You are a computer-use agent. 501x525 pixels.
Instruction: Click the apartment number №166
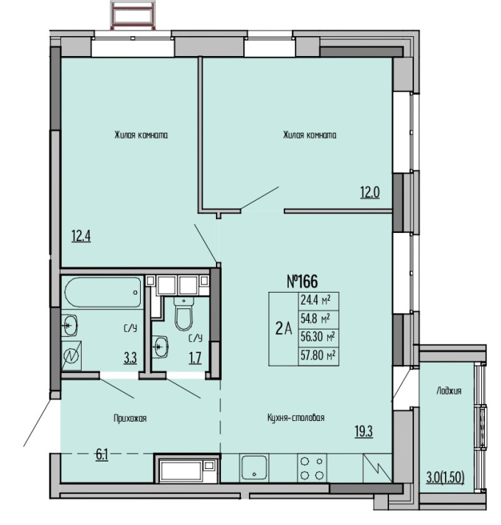pyautogui.click(x=302, y=281)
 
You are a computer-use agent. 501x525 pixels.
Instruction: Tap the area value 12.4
pyautogui.click(x=81, y=236)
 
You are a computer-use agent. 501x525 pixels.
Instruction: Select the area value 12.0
pyautogui.click(x=370, y=192)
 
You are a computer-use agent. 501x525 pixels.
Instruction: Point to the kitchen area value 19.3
pyautogui.click(x=363, y=431)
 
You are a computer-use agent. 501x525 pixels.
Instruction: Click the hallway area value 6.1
pyautogui.click(x=102, y=455)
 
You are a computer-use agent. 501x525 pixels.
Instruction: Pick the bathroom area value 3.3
pyautogui.click(x=130, y=358)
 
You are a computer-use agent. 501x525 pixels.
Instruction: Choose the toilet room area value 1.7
pyautogui.click(x=195, y=358)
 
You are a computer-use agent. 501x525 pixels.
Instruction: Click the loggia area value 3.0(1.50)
pyautogui.click(x=445, y=478)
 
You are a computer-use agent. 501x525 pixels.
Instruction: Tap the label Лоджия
pyautogui.click(x=449, y=391)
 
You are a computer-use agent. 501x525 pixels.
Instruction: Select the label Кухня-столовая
pyautogui.click(x=296, y=417)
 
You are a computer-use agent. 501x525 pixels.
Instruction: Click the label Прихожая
pyautogui.click(x=130, y=418)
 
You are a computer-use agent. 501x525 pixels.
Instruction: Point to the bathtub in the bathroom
pyautogui.click(x=103, y=292)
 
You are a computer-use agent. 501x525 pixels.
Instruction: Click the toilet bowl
pyautogui.click(x=183, y=313)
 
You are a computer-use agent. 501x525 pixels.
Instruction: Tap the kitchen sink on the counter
pyautogui.click(x=254, y=467)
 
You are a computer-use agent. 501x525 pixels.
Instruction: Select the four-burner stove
pyautogui.click(x=312, y=467)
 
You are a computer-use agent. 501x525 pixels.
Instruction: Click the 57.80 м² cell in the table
pyautogui.click(x=318, y=355)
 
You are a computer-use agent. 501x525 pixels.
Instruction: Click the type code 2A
pyautogui.click(x=284, y=329)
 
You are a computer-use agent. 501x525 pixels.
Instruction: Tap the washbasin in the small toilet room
pyautogui.click(x=160, y=347)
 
